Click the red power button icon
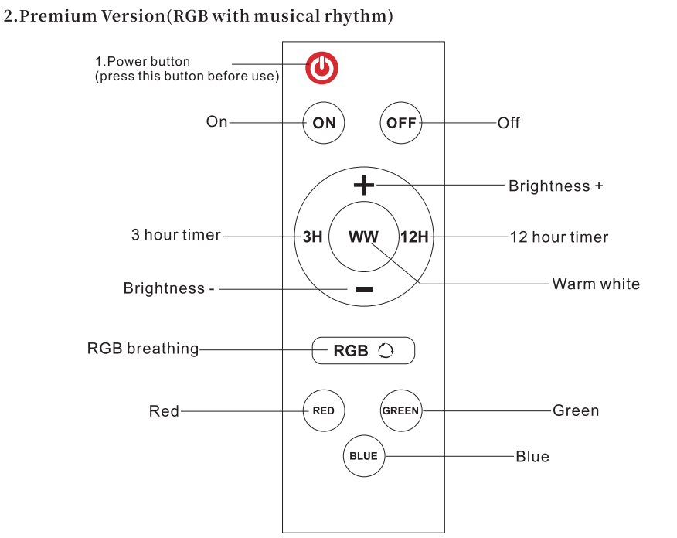(x=321, y=68)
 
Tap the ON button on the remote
(x=324, y=123)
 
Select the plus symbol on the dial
(x=363, y=185)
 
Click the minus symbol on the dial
(x=364, y=290)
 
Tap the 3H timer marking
(x=312, y=237)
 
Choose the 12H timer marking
(x=414, y=237)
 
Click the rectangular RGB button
(x=363, y=350)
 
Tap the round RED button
(x=323, y=410)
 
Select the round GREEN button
(x=400, y=410)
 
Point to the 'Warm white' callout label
(x=596, y=284)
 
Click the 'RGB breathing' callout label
(x=143, y=349)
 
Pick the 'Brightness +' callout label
(x=556, y=186)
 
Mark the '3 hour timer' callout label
(x=176, y=236)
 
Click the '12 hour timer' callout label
(x=560, y=238)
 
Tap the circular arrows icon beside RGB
(x=386, y=351)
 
